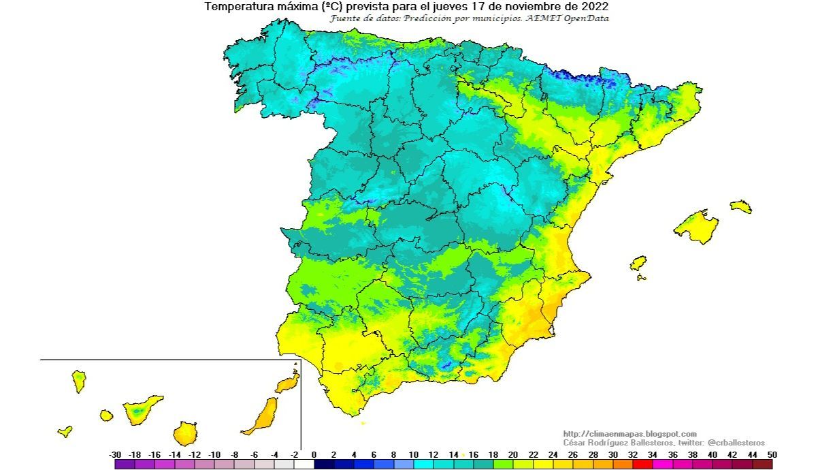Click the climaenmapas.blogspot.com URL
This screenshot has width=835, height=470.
point(629,434)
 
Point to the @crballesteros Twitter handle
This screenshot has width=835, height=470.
point(737,443)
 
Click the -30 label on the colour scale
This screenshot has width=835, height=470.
point(115,454)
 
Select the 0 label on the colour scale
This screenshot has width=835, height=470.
point(314,454)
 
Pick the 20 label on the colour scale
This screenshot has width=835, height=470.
point(513,454)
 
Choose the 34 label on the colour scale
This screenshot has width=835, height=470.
point(653,454)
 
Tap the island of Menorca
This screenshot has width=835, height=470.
point(741,206)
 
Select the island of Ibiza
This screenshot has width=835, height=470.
point(638,263)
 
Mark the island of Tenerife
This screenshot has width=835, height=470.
point(142,409)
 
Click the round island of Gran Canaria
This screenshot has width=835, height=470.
point(184,433)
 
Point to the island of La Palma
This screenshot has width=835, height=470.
point(79,381)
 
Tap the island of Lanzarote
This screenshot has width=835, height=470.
point(289,383)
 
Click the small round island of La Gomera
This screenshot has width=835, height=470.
point(106,415)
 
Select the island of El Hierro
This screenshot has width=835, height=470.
point(65,431)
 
